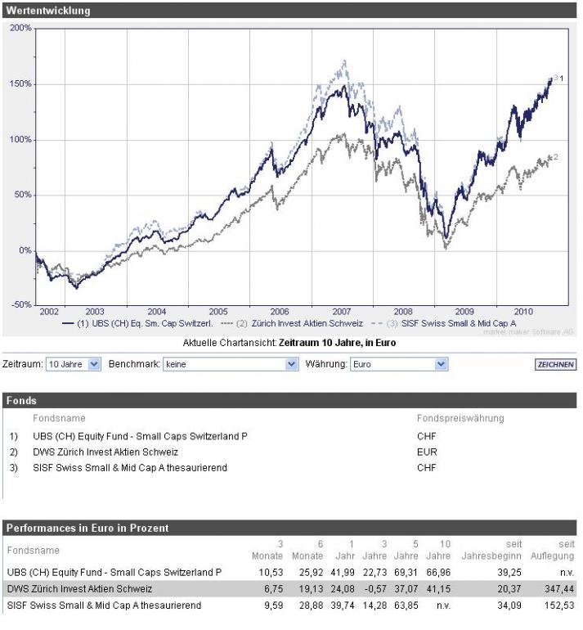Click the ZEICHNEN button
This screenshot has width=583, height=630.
556,364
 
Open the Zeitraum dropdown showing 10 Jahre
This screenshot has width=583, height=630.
74,364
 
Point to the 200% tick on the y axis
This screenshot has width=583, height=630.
20,28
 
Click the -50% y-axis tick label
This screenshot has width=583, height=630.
20,304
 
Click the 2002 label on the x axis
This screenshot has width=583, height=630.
48,312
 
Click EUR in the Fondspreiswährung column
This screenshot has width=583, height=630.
427,452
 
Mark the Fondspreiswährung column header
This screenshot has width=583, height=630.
460,418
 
